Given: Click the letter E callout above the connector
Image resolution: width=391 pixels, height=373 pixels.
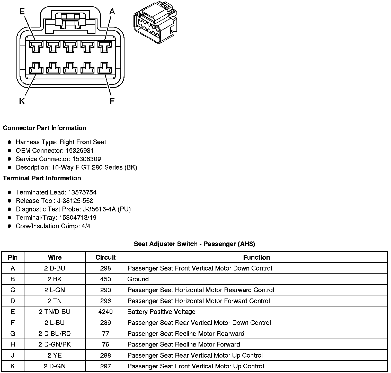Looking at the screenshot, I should pos(22,11).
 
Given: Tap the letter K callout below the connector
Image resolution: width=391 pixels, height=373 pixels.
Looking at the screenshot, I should pos(22,102).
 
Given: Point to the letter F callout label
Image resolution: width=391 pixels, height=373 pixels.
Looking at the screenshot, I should pos(112,102).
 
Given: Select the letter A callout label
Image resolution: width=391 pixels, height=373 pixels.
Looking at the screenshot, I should pos(112,12).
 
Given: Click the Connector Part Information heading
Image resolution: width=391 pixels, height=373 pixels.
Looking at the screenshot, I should pos(45,128).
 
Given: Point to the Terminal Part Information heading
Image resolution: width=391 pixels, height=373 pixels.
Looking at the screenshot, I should pos(42,178).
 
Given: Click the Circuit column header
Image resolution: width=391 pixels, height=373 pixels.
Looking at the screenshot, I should pos(105,257).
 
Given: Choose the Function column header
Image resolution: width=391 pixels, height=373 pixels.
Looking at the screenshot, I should pos(256,257).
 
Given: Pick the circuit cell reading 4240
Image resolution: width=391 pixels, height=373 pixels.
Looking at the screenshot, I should pos(105,312).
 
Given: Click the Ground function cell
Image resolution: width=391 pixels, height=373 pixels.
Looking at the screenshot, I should pos(138,279).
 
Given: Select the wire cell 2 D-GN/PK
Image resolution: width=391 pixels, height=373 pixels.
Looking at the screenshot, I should pos(55,344).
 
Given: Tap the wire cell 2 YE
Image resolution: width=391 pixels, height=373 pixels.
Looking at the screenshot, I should pos(55,355).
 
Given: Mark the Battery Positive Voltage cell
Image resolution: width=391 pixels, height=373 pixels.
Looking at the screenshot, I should pos(162,312).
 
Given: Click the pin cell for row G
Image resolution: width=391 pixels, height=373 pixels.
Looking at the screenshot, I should pos(13,334).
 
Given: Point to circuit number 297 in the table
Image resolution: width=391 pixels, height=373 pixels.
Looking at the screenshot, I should pos(105,366).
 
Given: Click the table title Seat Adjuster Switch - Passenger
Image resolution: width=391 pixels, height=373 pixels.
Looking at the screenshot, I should pos(194,244).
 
